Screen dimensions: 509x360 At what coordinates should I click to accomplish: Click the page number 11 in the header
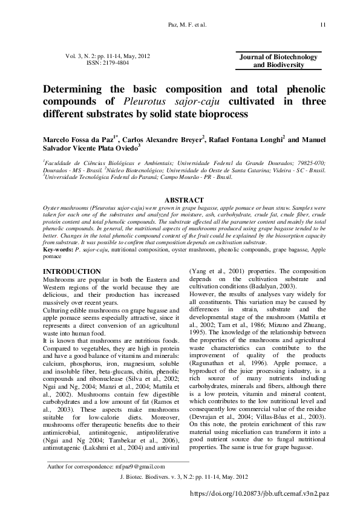(323, 25)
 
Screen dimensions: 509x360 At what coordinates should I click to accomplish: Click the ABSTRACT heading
(180, 199)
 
